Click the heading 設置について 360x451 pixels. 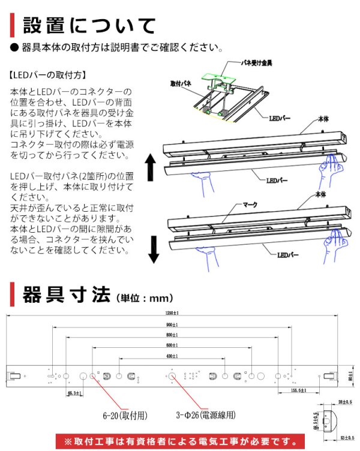tap(89, 26)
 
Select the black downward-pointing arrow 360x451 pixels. tap(153, 249)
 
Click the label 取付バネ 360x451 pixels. tap(181, 84)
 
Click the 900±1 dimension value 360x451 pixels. tap(173, 324)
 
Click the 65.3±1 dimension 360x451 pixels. tap(74, 392)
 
